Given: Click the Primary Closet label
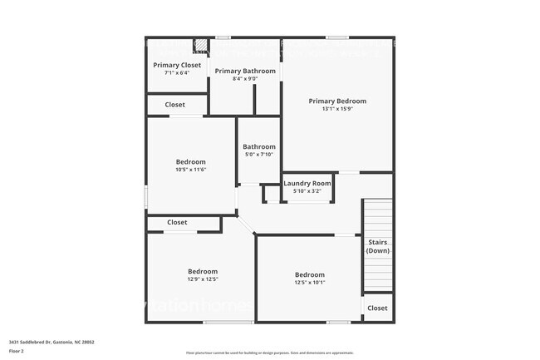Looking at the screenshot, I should pos(177,65).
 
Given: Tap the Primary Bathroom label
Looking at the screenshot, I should pos(245,72).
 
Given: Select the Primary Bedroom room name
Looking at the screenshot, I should pos(337,101).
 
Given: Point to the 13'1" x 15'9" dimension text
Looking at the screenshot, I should pos(337,109).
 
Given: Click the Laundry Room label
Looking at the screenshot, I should pos(307,184).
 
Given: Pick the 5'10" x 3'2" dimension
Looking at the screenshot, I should pos(307,191).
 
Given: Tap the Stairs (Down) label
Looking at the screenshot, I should pos(377,246).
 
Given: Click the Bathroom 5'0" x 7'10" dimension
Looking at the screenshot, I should pos(259,155).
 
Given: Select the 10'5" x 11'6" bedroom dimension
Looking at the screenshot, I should pos(190,170).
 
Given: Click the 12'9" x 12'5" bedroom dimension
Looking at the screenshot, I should pos(202,279).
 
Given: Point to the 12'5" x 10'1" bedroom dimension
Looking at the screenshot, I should pos(309,283).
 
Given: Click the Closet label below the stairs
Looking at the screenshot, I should pos(377,308).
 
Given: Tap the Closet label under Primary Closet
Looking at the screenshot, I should pos(175,105).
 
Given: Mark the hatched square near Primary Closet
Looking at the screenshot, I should pos(201,44).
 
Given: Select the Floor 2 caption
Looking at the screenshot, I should pos(17,351).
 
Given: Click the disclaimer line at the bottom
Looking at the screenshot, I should pos(269,353).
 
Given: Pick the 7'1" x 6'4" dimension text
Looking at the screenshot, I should pos(177,73).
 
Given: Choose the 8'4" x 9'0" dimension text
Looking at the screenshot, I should pos(245,80).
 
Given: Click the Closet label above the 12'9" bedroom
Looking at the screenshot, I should pos(177,223).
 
